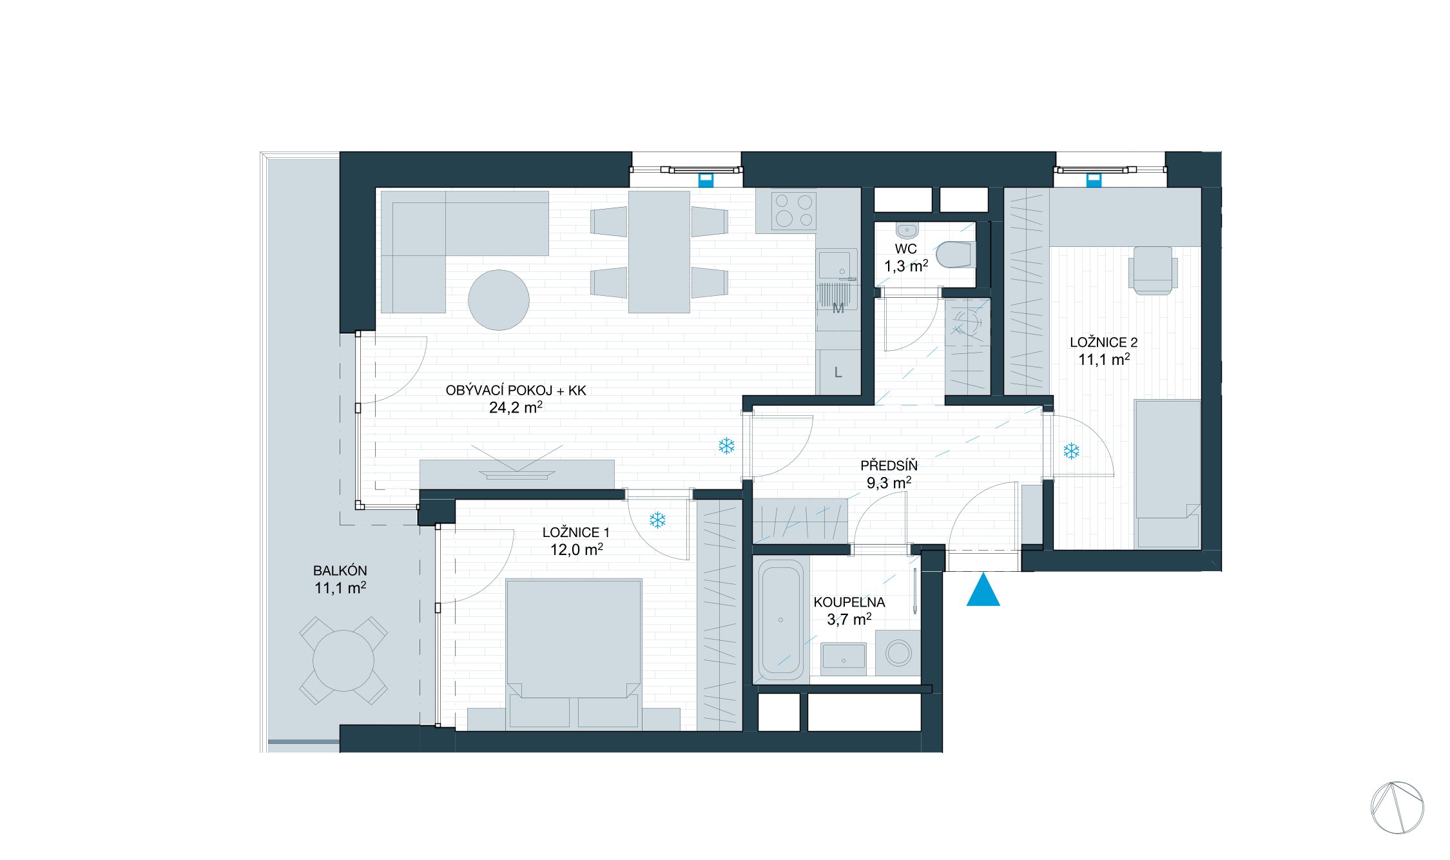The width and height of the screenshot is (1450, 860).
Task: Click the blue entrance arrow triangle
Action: (x=983, y=592)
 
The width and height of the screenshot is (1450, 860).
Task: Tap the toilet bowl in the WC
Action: (x=955, y=254)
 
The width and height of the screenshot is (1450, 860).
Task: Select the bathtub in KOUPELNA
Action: (x=781, y=620)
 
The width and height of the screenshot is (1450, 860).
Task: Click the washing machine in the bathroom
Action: (x=898, y=653)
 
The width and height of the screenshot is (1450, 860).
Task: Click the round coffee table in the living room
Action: (x=499, y=300)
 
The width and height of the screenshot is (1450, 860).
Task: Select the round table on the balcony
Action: (x=343, y=661)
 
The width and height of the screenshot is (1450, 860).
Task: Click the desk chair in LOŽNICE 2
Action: (x=1153, y=271)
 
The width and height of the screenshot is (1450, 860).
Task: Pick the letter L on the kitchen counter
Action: (x=838, y=373)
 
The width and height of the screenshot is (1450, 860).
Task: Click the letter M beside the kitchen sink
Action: (x=838, y=309)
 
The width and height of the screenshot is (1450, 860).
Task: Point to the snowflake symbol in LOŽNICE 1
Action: (x=657, y=520)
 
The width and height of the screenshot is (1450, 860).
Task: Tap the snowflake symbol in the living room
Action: (x=726, y=445)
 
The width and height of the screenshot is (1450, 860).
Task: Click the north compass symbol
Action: (x=1397, y=808)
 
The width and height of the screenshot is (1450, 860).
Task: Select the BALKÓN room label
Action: (x=340, y=571)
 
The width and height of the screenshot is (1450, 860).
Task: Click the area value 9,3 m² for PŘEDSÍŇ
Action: (x=889, y=482)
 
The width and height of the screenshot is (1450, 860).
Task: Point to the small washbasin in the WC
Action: (x=907, y=230)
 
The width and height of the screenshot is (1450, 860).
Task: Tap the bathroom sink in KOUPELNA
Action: (x=844, y=658)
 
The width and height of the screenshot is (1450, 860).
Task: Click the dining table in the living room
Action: (x=659, y=252)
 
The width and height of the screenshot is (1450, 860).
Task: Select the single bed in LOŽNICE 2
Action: (x=1168, y=474)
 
